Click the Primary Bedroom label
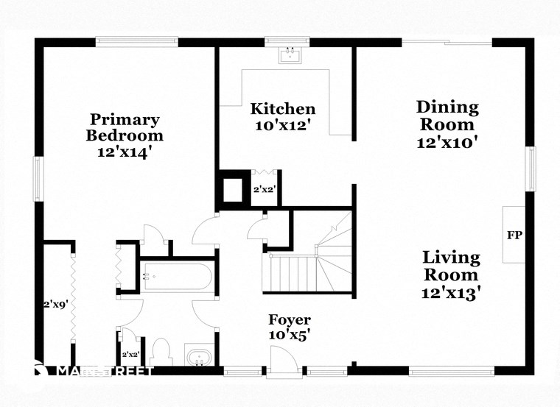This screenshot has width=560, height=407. (125, 136)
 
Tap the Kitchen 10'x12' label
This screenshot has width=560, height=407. (284, 117)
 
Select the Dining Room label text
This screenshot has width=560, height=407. (447, 124)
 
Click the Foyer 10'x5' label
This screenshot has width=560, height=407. (289, 327)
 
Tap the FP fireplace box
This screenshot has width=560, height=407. (514, 236)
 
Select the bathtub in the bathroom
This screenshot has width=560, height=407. (177, 277)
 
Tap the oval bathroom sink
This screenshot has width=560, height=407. (198, 358)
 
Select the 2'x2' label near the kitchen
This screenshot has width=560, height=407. (264, 189)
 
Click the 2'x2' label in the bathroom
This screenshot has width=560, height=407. (130, 354)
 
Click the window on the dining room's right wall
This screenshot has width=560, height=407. (530, 169)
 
